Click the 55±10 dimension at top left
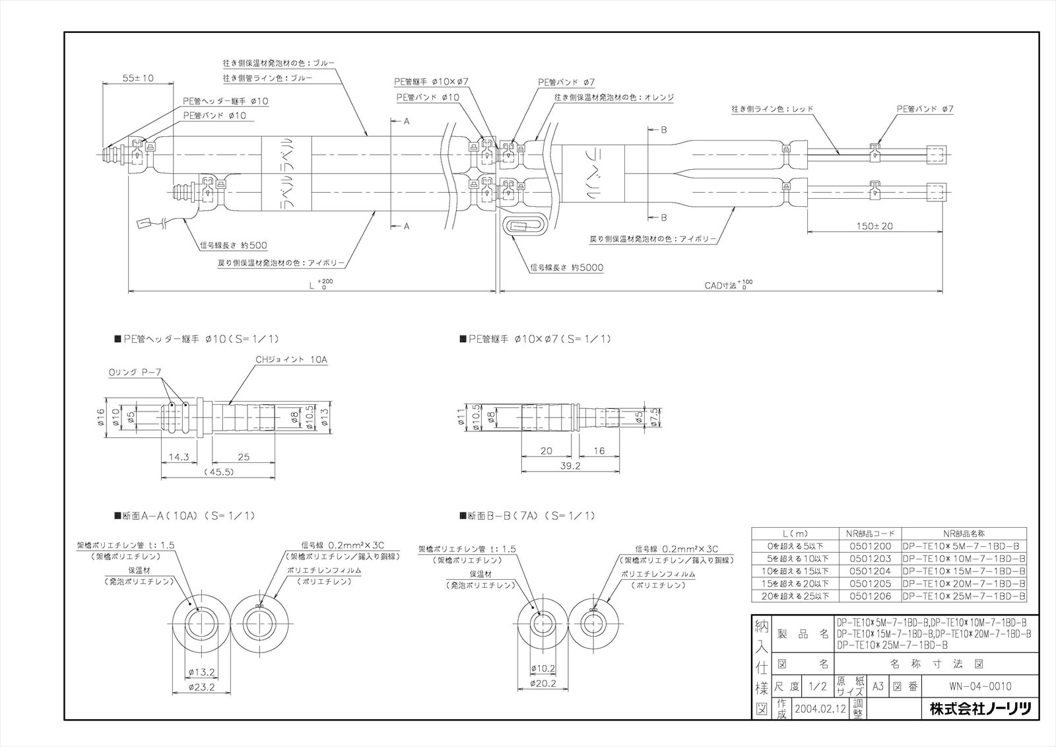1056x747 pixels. click(138, 78)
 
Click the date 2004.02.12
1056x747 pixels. click(820, 708)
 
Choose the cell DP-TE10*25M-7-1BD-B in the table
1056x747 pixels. click(964, 596)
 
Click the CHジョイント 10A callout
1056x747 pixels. click(291, 359)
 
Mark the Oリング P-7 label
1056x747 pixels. click(135, 373)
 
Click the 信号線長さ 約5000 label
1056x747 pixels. click(566, 267)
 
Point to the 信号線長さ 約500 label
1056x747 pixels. click(234, 244)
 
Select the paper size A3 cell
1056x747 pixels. click(878, 686)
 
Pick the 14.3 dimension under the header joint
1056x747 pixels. click(178, 456)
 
